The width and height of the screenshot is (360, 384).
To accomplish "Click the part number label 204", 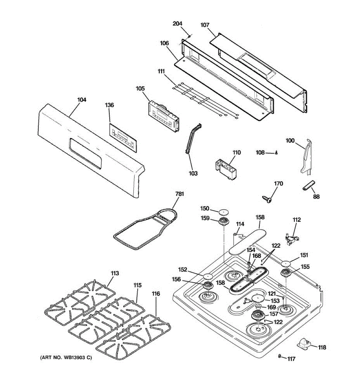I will click(x=178, y=24).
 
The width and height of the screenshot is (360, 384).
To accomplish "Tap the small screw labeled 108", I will click(x=276, y=153).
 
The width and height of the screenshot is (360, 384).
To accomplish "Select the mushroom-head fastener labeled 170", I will click(x=268, y=200).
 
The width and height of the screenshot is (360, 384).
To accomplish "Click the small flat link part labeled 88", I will click(x=309, y=186).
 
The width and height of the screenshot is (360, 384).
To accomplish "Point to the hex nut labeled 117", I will click(x=279, y=356).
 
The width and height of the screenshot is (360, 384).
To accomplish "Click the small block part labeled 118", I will click(x=304, y=344).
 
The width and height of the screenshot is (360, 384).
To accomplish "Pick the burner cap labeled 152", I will click(x=208, y=276).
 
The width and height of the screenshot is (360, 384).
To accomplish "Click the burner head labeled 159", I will click(x=224, y=220).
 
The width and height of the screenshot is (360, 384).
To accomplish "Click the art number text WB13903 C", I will click(x=66, y=357).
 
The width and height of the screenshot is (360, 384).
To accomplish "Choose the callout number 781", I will click(x=180, y=194).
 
